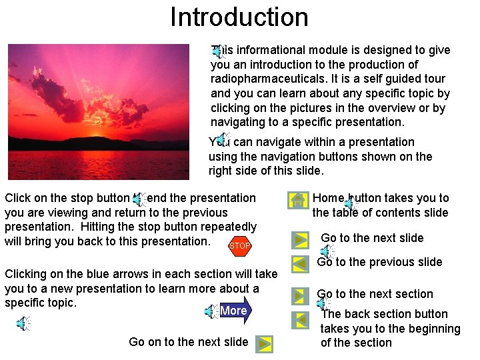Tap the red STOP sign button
pos(239,246)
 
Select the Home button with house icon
pos(299,200)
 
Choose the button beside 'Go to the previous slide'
pos(299,263)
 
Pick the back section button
pos(299,319)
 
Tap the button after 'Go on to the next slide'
pos(264,343)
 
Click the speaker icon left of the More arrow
pos(211,311)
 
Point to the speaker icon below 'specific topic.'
pos(23,324)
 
